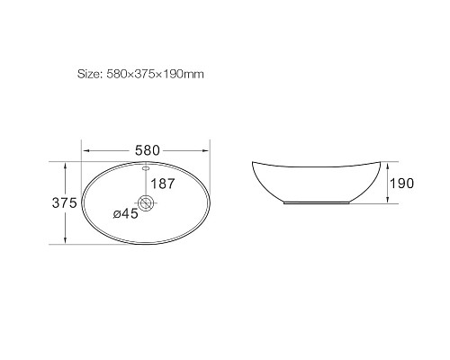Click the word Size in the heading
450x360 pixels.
[x=89, y=75]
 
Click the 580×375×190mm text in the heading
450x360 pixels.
[x=155, y=75]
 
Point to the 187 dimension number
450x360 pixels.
[x=163, y=184]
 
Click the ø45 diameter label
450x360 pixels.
[x=124, y=214]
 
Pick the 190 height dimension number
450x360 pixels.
[x=400, y=184]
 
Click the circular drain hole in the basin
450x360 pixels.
[x=147, y=202]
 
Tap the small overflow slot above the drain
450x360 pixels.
[x=146, y=168]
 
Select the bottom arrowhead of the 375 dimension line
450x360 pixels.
[x=67, y=242]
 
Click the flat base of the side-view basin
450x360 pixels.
[x=314, y=203]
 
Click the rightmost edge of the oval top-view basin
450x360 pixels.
[x=211, y=203]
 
